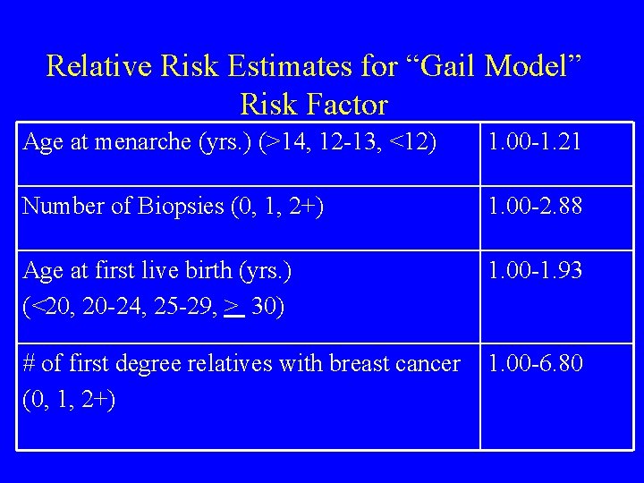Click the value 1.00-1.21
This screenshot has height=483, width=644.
pos(535,142)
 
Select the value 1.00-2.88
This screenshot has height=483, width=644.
pos(535,207)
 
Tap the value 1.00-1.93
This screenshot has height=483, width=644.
pos(535,270)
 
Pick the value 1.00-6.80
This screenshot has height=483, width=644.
pos(535,364)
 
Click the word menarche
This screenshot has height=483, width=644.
pos(131,142)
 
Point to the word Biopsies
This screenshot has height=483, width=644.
pos(179,207)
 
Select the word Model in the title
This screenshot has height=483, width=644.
pos(532,65)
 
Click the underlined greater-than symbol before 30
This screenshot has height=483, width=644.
pos(234,308)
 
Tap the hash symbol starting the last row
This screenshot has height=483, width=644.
pos(29,364)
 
